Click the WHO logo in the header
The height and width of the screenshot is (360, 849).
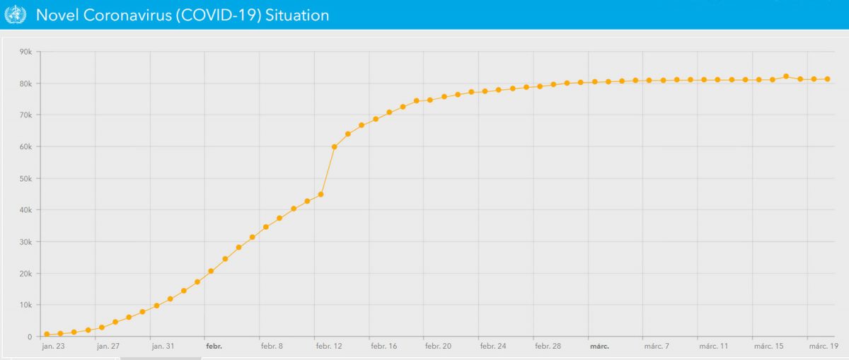point(15,15)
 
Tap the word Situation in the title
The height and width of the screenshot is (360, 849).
point(297,15)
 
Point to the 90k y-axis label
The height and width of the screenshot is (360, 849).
point(27,52)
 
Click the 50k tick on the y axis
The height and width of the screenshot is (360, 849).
point(27,178)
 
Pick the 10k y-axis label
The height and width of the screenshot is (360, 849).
point(27,305)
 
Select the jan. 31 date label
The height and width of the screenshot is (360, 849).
point(163,347)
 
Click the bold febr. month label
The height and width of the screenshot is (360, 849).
point(214,347)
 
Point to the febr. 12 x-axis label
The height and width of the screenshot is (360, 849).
point(328,347)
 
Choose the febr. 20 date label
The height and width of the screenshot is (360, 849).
point(437,347)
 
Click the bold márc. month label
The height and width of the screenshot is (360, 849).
point(599,347)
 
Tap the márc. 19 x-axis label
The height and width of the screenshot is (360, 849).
point(824,347)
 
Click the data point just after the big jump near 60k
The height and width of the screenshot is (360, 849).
point(335,147)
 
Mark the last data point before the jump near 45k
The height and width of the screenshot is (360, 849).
point(320,194)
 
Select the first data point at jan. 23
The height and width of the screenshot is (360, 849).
point(47,335)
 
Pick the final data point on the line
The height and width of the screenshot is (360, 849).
point(827,79)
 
